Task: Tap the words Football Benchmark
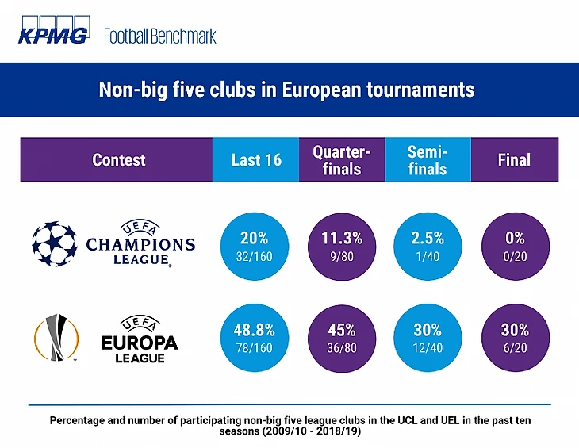159,36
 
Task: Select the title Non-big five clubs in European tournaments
286,89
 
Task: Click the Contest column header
118,159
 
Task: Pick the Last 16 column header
255,159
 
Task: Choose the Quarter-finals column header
342,159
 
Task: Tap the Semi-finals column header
428,159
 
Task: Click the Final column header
513,159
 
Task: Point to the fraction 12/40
428,348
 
